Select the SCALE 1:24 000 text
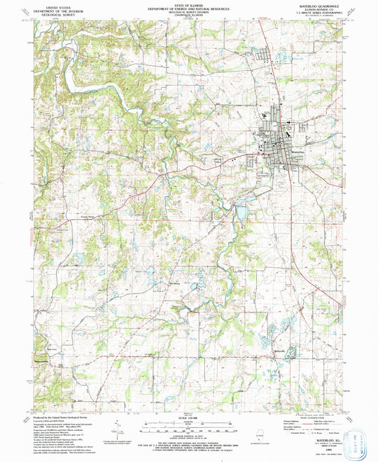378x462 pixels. click(x=188, y=417)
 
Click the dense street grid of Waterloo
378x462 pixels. click(x=280, y=138)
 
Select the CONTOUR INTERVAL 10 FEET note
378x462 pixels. click(x=188, y=430)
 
